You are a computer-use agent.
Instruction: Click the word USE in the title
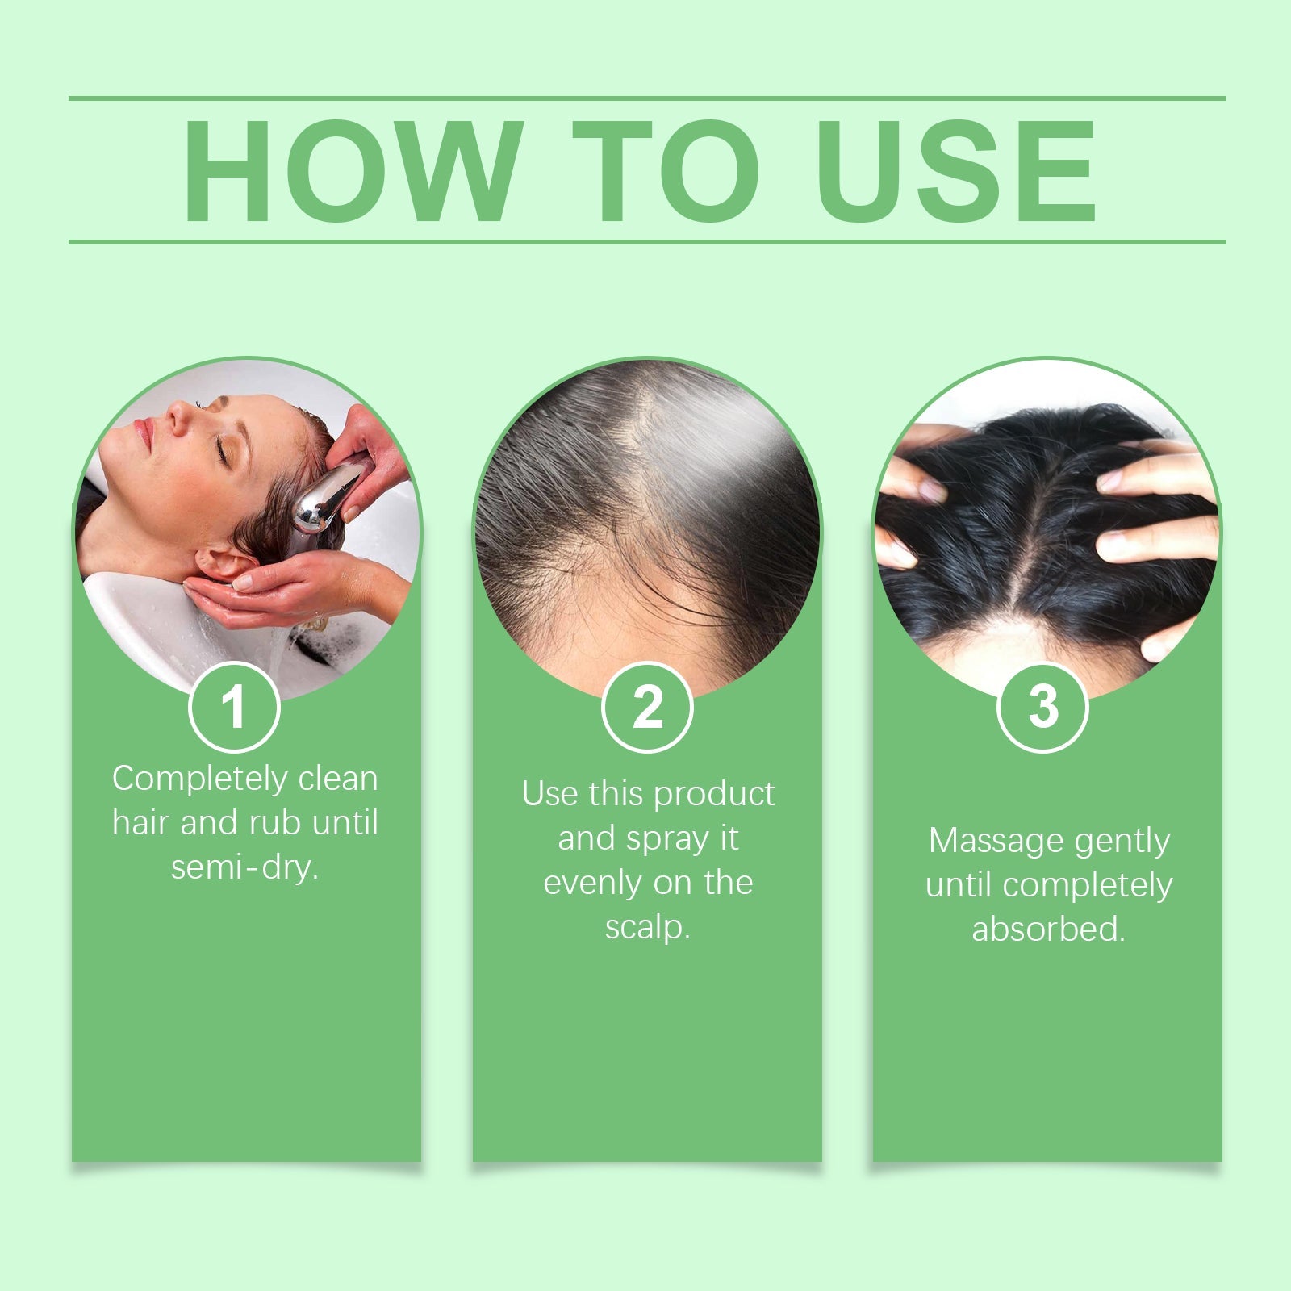tap(960, 170)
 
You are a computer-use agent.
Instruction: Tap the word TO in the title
tap(666, 170)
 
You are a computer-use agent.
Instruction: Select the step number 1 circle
tap(234, 707)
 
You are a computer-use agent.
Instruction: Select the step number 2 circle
tap(647, 707)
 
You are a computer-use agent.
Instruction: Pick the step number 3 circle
tap(1042, 707)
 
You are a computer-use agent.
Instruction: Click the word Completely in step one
tap(199, 779)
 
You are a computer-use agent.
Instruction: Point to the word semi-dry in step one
tap(244, 867)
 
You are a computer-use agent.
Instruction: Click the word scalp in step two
tap(646, 927)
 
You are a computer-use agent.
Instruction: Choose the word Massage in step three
tap(996, 841)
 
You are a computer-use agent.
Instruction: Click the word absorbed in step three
tap(1047, 930)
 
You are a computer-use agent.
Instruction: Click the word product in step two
tap(714, 795)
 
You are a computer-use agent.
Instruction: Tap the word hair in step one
tap(140, 823)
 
